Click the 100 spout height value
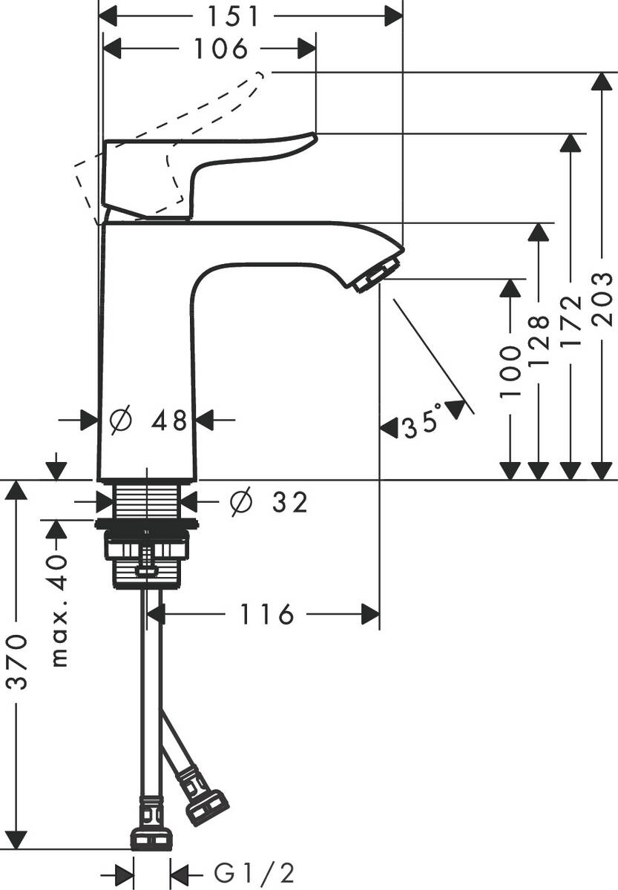tap(510, 370)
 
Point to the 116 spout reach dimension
tap(267, 614)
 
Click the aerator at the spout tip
tap(376, 274)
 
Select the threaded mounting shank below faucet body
tap(147, 501)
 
